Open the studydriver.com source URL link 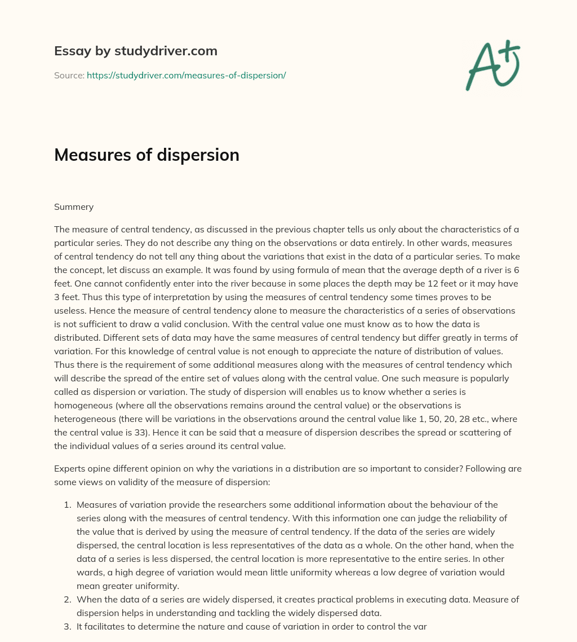(x=186, y=75)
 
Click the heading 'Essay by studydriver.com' (x=135, y=51)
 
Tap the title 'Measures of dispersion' (x=147, y=155)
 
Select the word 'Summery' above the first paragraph (x=74, y=207)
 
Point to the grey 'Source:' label (x=69, y=75)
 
